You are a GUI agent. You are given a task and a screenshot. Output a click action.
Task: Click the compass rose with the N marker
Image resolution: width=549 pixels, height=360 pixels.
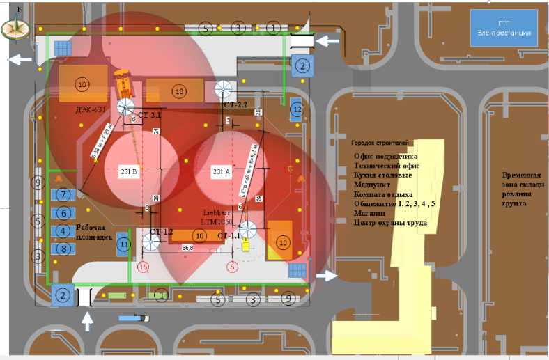[x=14, y=29]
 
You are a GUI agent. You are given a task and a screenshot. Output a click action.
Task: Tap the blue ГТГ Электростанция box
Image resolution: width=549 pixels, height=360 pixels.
[x=504, y=29]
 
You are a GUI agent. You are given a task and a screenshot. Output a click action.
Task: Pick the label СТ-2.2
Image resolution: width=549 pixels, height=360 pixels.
[x=235, y=104]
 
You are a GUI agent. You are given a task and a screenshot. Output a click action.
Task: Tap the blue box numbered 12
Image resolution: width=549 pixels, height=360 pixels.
[x=297, y=109]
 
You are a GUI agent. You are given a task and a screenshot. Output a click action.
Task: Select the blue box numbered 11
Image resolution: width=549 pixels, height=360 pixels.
[x=123, y=244]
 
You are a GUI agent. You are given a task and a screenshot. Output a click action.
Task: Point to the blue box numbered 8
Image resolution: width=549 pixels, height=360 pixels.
[x=63, y=249]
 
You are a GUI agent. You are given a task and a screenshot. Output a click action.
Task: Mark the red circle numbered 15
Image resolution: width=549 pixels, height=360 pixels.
[x=144, y=266]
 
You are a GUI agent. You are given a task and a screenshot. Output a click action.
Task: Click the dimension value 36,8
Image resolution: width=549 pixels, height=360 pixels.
[x=187, y=247]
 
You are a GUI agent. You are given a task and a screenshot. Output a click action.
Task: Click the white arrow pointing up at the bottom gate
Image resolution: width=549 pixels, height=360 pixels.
[x=86, y=322]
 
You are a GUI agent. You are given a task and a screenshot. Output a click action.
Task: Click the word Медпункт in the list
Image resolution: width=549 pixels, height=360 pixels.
[x=373, y=185]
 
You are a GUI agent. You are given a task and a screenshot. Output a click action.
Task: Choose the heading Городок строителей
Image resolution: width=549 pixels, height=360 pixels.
[x=380, y=142]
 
